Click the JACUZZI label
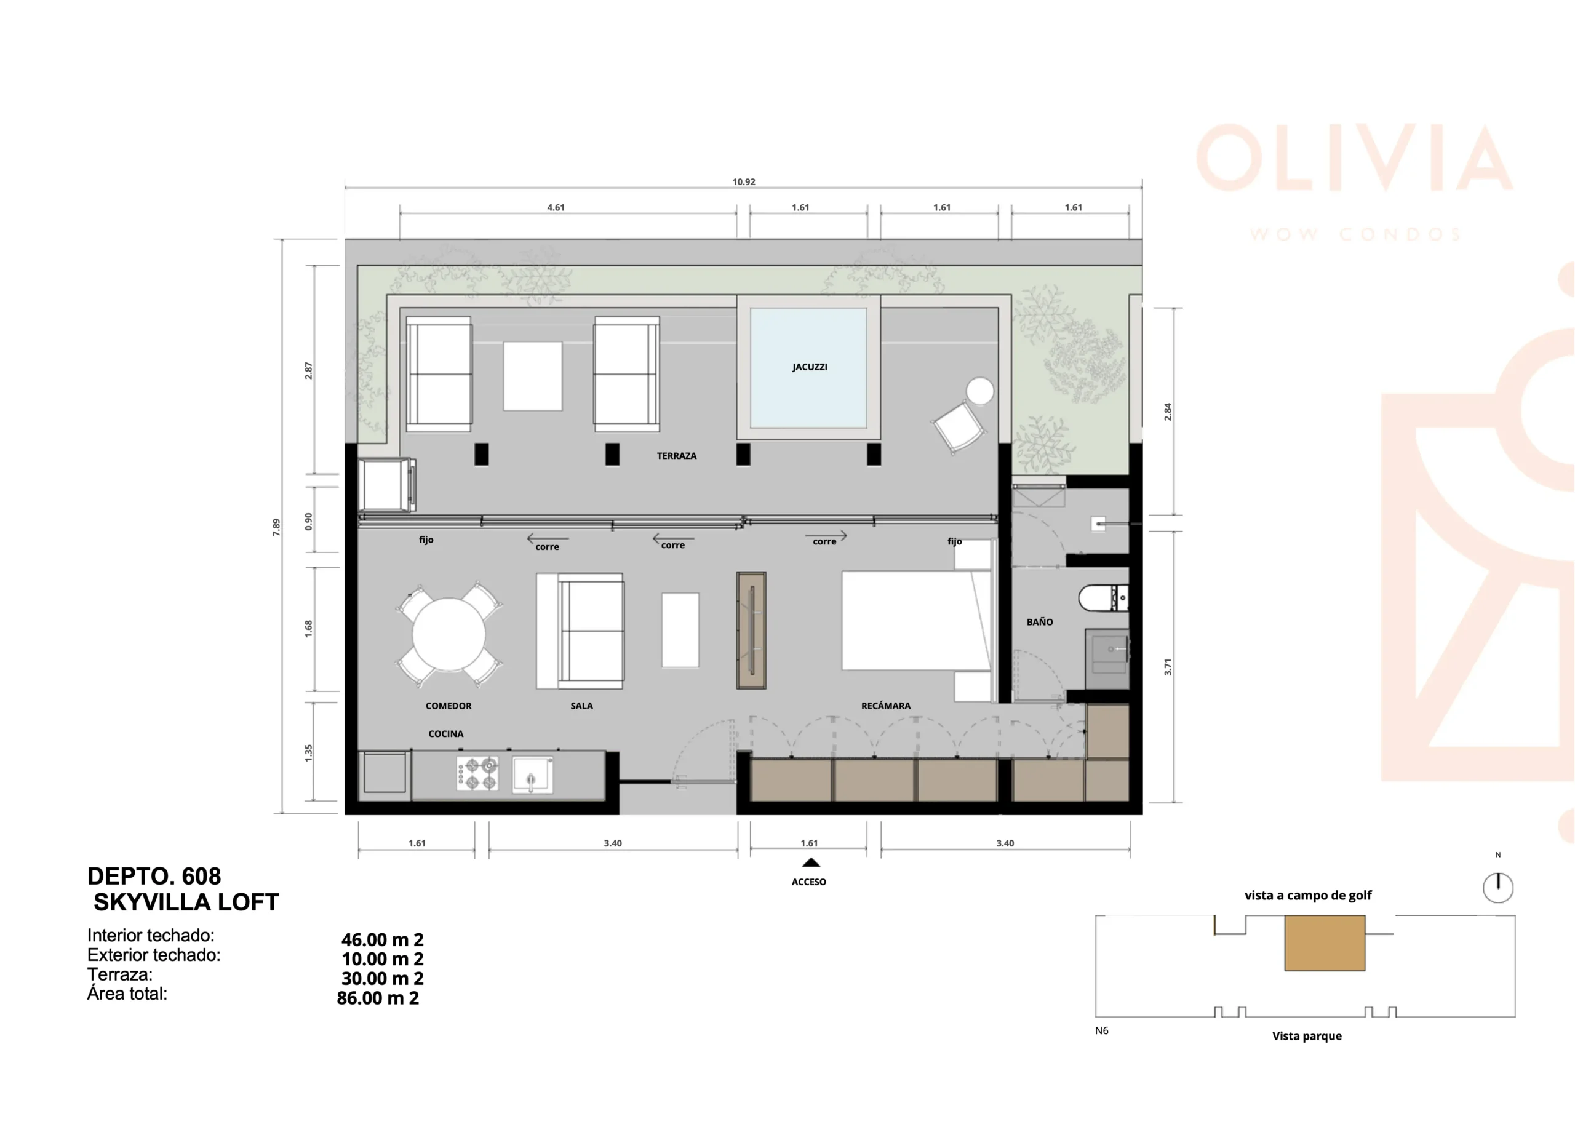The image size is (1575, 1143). (x=810, y=367)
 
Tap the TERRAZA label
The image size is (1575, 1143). (x=676, y=455)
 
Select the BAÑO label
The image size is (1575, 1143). (x=1040, y=621)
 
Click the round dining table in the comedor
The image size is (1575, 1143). (x=449, y=635)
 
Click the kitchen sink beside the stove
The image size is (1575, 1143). (x=533, y=775)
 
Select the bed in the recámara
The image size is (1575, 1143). (x=916, y=620)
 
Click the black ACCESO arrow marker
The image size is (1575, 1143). (x=810, y=862)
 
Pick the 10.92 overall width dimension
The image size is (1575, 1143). (x=744, y=182)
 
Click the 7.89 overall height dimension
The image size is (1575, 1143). (x=276, y=527)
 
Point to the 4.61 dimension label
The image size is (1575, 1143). (x=556, y=207)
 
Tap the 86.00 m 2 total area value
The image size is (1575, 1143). (x=378, y=998)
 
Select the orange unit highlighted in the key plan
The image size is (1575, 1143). (x=1325, y=942)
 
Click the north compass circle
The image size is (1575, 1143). (x=1498, y=888)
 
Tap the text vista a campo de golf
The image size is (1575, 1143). (x=1307, y=895)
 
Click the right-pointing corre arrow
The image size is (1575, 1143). (x=826, y=535)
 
